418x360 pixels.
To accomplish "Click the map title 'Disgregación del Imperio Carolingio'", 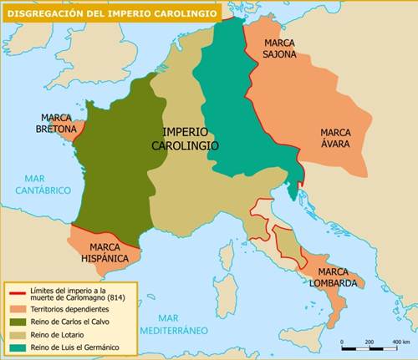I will [x=111, y=13].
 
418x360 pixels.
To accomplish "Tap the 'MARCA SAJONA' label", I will [x=279, y=48].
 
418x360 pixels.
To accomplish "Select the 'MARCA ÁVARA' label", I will [x=335, y=138].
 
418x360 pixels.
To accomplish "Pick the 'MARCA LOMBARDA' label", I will [x=337, y=277].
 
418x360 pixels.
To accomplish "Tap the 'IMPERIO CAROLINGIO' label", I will [x=186, y=139].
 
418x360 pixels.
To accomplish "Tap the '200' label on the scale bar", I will [x=369, y=342].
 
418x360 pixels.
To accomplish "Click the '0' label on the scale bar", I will [x=342, y=342].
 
